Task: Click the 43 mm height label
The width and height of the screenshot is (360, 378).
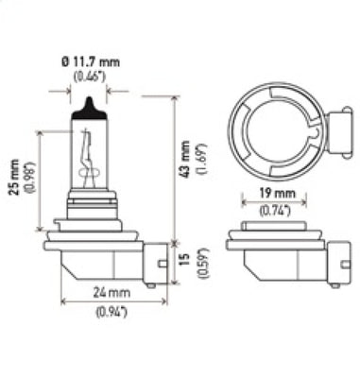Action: point(185,166)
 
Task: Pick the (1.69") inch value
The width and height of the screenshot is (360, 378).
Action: point(200,166)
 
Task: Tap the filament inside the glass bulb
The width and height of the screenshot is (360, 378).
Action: point(91,156)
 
